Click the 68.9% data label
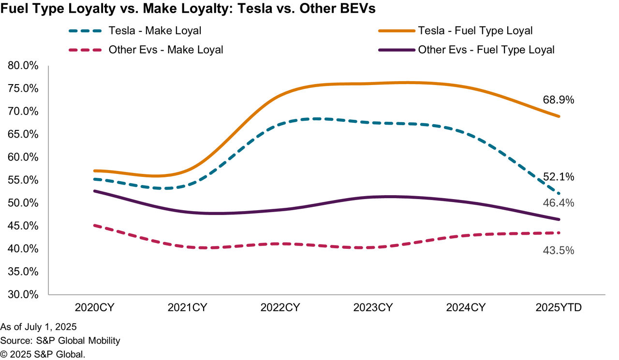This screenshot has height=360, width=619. click(559, 100)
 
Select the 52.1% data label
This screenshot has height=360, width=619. click(559, 177)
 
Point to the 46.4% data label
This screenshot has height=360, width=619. click(559, 203)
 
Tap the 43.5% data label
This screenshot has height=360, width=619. click(559, 250)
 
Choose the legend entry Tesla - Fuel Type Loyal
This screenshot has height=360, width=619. click(475, 31)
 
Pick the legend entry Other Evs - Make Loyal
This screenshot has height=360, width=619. click(166, 49)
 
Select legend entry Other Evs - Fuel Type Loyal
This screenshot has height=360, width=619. click(486, 49)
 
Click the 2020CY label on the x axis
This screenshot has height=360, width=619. click(95, 307)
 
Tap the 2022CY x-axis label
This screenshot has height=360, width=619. click(280, 307)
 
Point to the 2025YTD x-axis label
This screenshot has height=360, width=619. click(560, 307)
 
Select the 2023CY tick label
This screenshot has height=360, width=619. click(373, 307)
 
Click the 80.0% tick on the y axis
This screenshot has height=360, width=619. click(24, 66)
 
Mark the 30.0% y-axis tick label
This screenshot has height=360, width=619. click(24, 294)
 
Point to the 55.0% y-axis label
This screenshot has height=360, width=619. click(24, 180)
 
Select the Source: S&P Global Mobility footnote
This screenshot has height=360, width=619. click(60, 341)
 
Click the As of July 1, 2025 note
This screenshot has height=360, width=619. click(39, 327)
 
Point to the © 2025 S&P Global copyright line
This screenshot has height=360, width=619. click(43, 354)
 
